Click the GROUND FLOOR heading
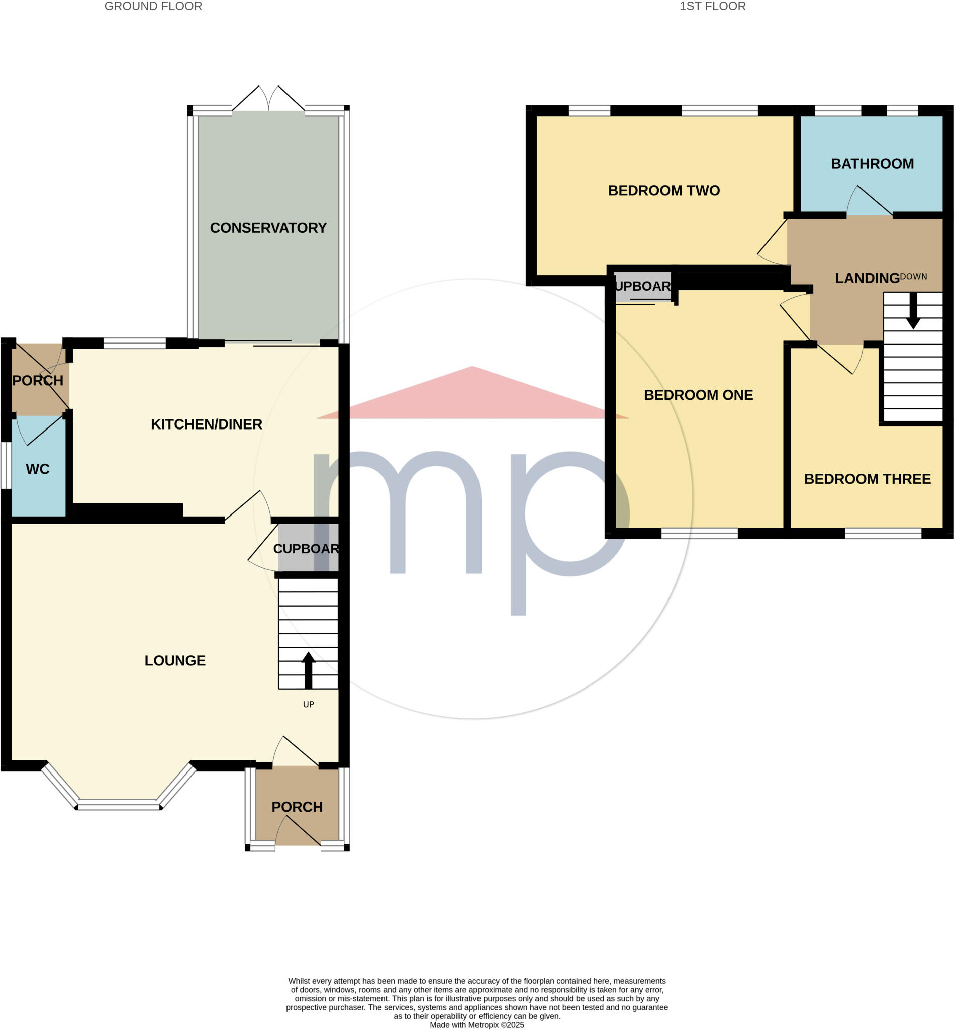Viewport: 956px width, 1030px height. click(x=153, y=6)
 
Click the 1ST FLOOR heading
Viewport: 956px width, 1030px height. click(x=712, y=6)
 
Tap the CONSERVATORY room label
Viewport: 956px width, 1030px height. click(x=268, y=228)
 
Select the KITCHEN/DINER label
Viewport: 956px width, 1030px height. click(x=207, y=424)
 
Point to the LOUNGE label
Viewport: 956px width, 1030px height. click(x=175, y=660)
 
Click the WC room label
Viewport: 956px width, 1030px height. click(x=37, y=469)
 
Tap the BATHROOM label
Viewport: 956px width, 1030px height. click(x=872, y=164)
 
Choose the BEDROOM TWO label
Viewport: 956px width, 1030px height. click(x=663, y=191)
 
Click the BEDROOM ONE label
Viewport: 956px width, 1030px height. click(x=698, y=395)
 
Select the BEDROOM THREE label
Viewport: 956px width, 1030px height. click(x=867, y=479)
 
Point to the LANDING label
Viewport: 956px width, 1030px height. click(x=867, y=278)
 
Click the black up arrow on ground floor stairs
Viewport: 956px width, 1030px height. click(x=308, y=669)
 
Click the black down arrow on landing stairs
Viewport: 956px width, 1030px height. click(x=913, y=311)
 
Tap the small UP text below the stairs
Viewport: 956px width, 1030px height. click(x=308, y=704)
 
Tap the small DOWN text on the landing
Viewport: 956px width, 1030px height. click(x=913, y=277)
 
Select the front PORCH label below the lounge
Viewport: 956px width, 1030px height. click(x=297, y=807)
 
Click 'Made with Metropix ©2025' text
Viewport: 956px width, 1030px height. click(x=477, y=1025)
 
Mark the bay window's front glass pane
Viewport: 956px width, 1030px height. click(x=119, y=804)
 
